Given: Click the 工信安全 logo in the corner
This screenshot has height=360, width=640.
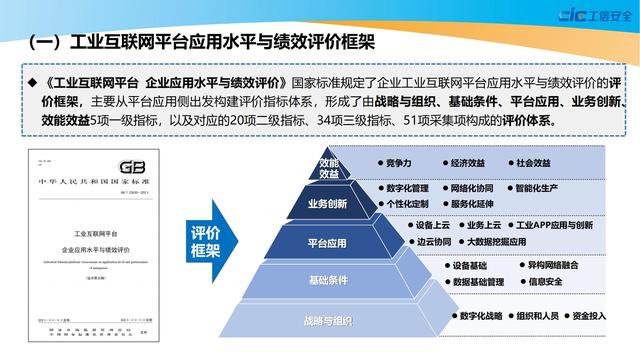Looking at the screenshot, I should click(588, 15).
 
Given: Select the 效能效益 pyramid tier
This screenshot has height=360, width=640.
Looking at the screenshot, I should click(329, 167).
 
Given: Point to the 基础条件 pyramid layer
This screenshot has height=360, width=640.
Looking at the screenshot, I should click(327, 279).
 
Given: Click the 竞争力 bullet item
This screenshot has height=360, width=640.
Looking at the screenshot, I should click(396, 162).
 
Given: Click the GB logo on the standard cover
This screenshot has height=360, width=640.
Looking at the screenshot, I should click(130, 167).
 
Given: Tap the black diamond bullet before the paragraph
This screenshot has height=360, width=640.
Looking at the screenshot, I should click(31, 81).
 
